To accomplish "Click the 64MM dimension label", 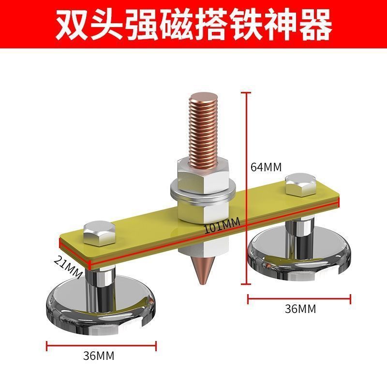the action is click(266, 167).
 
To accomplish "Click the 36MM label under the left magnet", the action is click(99, 357).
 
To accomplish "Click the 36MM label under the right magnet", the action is click(300, 308).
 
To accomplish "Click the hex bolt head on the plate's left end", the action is click(100, 233).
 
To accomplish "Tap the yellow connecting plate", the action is click(145, 232).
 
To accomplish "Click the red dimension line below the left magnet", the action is click(101, 345).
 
